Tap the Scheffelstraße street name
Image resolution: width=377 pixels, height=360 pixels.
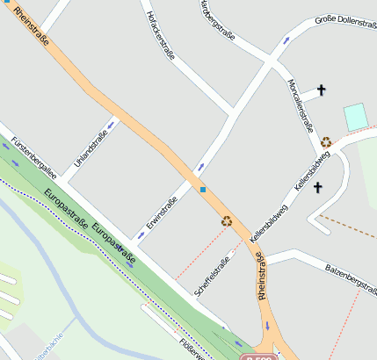(x=217, y=270)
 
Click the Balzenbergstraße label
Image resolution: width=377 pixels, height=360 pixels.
(x=350, y=271)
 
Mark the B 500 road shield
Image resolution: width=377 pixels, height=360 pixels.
(x=259, y=356)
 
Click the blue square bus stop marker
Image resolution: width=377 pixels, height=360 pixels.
(x=203, y=190)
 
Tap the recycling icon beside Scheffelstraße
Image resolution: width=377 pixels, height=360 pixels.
(x=227, y=221)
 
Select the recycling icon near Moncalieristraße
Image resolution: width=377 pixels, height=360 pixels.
(x=326, y=141)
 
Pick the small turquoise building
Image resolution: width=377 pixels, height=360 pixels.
(x=354, y=117)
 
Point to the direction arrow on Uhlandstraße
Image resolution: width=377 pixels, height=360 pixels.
(x=112, y=124)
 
